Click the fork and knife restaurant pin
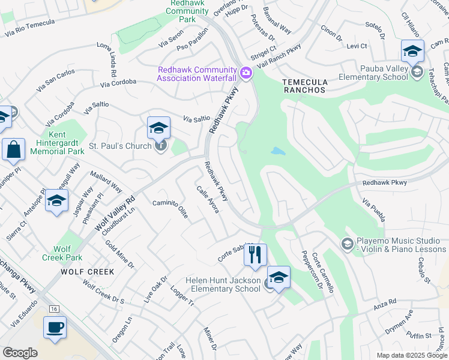(255, 255)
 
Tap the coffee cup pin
(55, 328)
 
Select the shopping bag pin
(13, 149)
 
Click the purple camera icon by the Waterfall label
(245, 73)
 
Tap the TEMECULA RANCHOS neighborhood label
(304, 90)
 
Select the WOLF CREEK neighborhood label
(87, 272)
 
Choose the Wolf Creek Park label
(62, 253)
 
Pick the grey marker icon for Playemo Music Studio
(346, 244)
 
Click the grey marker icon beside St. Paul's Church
(160, 146)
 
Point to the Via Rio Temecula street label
(29, 29)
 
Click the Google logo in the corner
(20, 353)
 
